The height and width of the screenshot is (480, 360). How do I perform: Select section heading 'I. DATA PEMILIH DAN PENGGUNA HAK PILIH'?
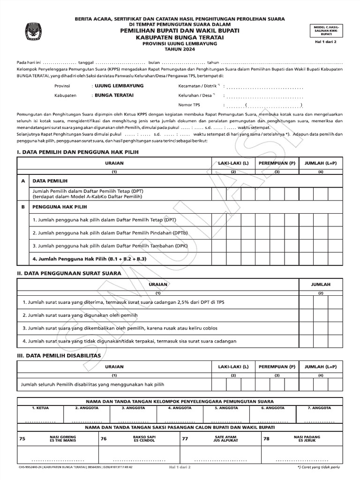point(78,152)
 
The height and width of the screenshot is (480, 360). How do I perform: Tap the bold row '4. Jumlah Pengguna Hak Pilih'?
point(90,259)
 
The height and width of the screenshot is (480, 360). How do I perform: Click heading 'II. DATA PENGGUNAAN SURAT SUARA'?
point(69,273)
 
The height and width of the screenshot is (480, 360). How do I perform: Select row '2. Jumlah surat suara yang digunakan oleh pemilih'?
point(80,315)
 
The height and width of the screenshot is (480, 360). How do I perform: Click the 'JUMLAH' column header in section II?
point(321,285)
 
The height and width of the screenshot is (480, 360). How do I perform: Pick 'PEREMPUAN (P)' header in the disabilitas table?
point(277,367)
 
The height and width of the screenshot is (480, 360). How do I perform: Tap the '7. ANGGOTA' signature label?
point(320,408)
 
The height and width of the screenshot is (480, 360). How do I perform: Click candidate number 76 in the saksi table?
point(104,439)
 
